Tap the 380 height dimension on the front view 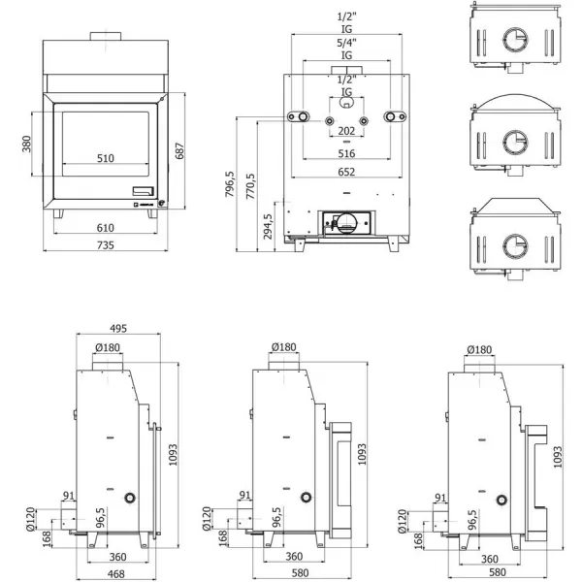[28, 144]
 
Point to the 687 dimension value [178, 152]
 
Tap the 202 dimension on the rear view [346, 131]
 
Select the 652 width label [346, 172]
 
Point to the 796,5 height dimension [230, 184]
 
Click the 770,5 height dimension [251, 184]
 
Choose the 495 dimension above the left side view [119, 328]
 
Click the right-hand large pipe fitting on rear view [394, 117]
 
